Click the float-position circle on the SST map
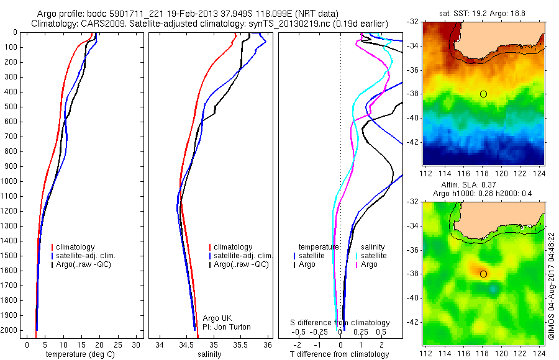point(483,94)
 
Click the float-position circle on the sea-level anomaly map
point(483,274)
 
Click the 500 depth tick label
point(14,107)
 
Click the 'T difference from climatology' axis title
point(340,354)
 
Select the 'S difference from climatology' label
point(340,323)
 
